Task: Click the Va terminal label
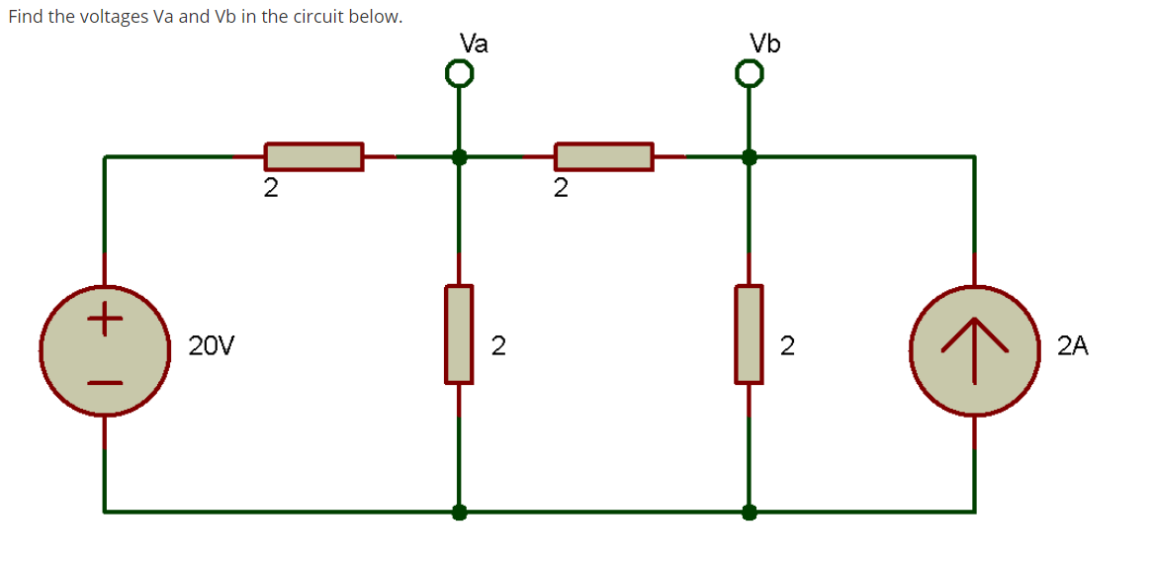coord(474,44)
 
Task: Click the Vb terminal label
coord(764,44)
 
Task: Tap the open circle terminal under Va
coord(458,74)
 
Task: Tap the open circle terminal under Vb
coord(750,74)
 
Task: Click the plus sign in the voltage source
coord(105,320)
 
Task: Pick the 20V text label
coord(212,346)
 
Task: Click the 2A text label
coord(1072,346)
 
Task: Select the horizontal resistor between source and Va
coord(312,156)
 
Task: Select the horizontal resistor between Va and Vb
coord(603,156)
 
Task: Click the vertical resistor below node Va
coord(459,334)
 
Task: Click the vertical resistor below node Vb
coord(749,334)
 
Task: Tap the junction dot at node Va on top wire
coord(459,156)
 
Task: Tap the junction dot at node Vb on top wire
coord(750,156)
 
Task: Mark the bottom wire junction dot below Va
coord(459,512)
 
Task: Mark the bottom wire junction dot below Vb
coord(750,512)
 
